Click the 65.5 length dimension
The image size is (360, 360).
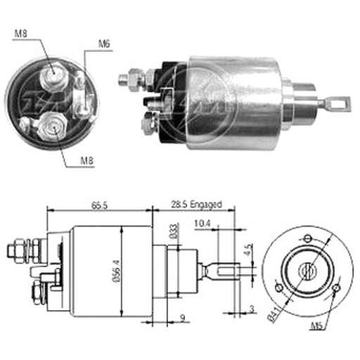coord(99,205)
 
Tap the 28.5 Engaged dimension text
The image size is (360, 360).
coord(196,205)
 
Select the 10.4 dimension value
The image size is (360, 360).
coord(202,224)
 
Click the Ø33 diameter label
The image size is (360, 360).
coord(174,231)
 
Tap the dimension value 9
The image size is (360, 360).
coord(183,318)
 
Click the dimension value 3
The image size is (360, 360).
coord(252,309)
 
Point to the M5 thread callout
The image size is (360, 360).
coord(318,326)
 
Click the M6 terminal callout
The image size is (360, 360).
coord(104,44)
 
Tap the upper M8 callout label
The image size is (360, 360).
coord(20,34)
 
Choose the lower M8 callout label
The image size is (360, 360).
coord(86,160)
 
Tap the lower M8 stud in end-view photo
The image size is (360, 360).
coord(53,127)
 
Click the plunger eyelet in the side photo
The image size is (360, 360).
coord(337,103)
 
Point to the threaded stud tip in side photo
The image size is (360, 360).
coord(122,79)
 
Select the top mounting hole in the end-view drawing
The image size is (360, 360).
coord(307,239)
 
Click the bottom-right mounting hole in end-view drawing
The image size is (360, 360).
coord(337,288)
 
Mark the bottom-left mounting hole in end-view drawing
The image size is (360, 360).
coord(278,288)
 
